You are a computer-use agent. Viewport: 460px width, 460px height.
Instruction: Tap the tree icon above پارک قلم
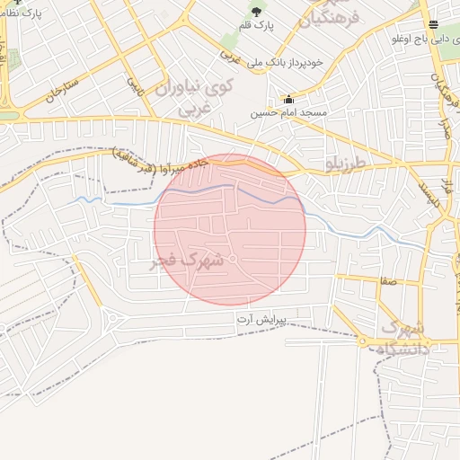256,12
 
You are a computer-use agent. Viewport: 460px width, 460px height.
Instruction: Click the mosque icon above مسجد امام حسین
287,100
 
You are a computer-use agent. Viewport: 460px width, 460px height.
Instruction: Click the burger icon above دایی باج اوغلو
434,24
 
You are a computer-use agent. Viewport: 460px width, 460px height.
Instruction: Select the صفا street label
388,281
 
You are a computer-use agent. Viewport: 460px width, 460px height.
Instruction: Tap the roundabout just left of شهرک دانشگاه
361,342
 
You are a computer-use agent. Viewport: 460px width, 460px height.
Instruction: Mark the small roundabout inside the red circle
233,260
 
